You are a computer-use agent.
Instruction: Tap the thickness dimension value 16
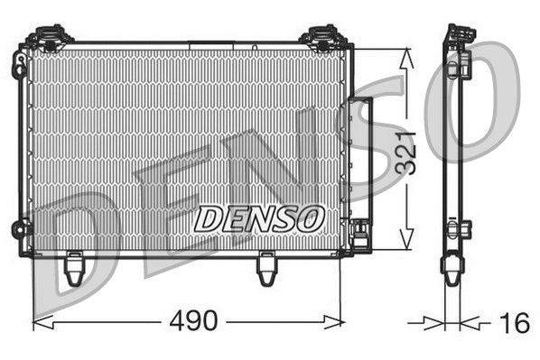[515, 321]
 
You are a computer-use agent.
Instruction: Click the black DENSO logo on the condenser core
[259, 217]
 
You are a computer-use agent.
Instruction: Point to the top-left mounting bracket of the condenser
[49, 38]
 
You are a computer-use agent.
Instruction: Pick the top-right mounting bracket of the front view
[321, 38]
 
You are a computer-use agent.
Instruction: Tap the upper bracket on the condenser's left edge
[19, 65]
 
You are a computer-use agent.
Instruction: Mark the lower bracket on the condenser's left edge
[20, 229]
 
